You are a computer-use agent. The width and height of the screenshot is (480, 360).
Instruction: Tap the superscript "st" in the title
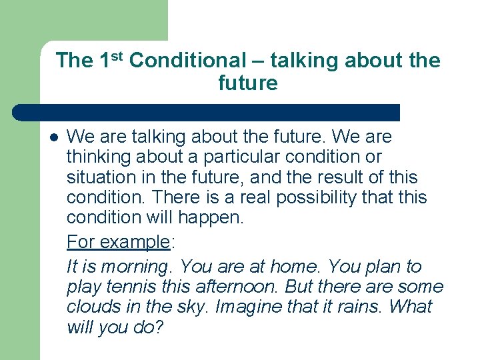click(118, 55)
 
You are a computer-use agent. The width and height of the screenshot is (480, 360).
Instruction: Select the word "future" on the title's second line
click(247, 83)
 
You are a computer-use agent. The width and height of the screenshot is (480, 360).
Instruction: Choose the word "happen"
click(216, 218)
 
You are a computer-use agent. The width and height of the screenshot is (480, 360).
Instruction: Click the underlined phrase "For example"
click(119, 242)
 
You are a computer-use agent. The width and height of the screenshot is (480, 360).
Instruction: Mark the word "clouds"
click(90, 307)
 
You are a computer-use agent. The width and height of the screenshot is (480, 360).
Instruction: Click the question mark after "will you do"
click(159, 327)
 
